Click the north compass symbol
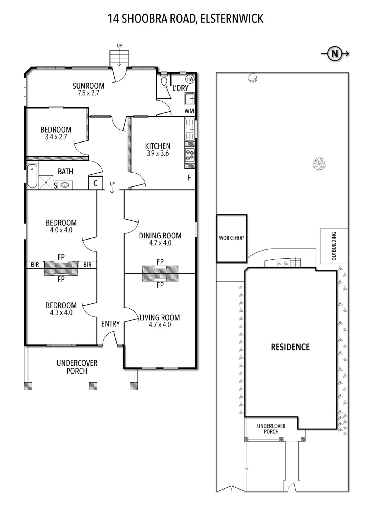pyautogui.click(x=335, y=54)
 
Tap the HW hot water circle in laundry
pyautogui.click(x=190, y=79)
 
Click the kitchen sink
pyautogui.click(x=190, y=129)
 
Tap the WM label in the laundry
pyautogui.click(x=189, y=111)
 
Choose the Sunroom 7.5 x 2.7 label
pyautogui.click(x=88, y=89)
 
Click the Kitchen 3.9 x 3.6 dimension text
pyautogui.click(x=158, y=153)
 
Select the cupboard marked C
pyautogui.click(x=95, y=183)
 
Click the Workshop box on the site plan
pyautogui.click(x=231, y=238)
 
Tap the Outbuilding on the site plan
pyautogui.click(x=334, y=246)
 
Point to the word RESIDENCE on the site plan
pyautogui.click(x=290, y=347)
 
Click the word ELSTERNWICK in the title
pyautogui.click(x=232, y=19)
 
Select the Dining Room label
pyautogui.click(x=160, y=236)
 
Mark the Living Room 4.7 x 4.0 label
pyautogui.click(x=160, y=321)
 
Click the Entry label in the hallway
pyautogui.click(x=111, y=324)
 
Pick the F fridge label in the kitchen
pyautogui.click(x=189, y=178)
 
